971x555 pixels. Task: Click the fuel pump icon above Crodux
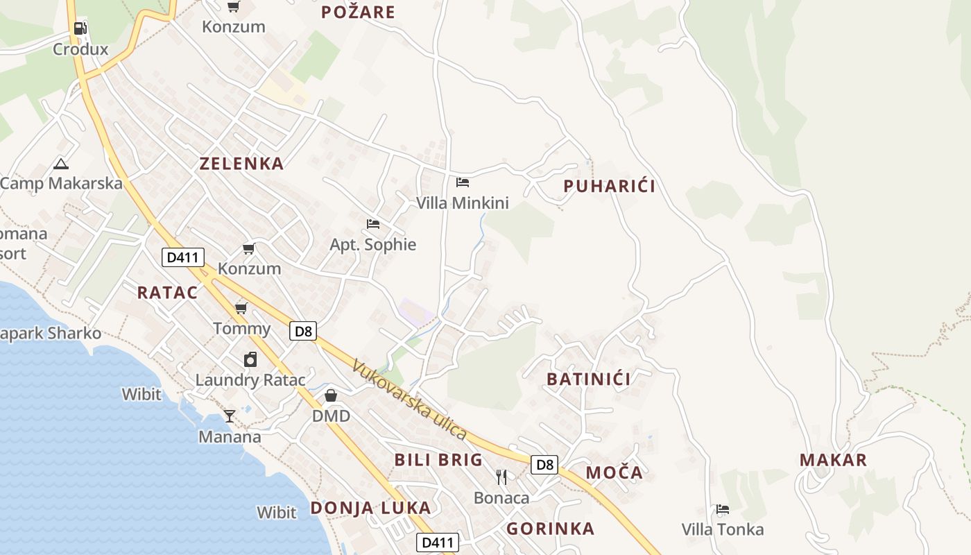80,28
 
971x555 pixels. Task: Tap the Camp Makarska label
61,183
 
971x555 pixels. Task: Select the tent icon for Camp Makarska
61,164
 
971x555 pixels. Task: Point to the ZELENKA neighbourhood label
241,164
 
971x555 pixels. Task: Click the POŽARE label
358,12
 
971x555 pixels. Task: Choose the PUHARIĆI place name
609,186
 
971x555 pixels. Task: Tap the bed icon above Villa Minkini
463,182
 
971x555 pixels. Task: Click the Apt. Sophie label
372,244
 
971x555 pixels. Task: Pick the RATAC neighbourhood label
167,292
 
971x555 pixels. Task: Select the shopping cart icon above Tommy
241,308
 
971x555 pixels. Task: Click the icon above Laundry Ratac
250,359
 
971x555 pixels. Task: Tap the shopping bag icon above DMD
331,395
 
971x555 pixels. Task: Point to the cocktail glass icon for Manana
230,416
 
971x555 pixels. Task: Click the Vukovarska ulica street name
409,399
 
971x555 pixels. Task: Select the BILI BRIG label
438,459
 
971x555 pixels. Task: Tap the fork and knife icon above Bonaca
501,477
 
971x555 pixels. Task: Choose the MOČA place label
614,473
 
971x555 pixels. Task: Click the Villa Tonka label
722,529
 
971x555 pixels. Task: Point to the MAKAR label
833,460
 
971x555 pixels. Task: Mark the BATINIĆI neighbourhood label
589,379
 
